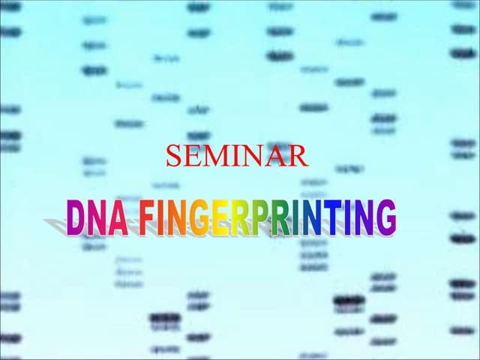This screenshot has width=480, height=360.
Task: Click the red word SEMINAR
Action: [x=236, y=156]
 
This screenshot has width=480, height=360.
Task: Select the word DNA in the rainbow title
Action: [x=94, y=217]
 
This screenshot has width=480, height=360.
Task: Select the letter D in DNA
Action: [x=75, y=217]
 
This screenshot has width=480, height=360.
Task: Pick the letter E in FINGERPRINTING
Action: [x=220, y=217]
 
